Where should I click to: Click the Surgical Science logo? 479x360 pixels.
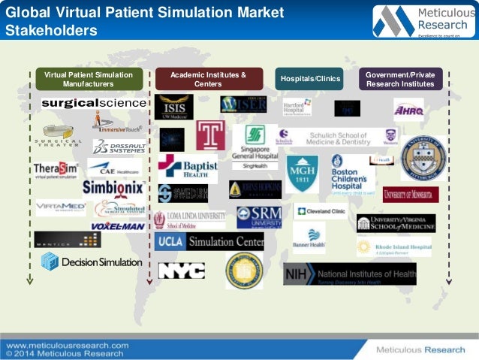click(94, 102)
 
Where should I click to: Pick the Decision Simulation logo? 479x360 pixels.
click(91, 262)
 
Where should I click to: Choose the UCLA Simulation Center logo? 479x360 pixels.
click(209, 242)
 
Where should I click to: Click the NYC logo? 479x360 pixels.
click(182, 271)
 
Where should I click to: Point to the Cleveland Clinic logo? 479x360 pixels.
click(320, 213)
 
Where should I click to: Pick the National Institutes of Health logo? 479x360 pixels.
click(349, 274)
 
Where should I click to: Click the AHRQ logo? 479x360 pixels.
click(408, 110)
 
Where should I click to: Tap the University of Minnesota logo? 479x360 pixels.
click(411, 195)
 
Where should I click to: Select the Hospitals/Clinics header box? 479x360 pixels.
click(310, 78)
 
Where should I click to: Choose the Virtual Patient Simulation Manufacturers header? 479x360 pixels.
click(89, 79)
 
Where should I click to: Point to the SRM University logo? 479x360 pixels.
click(260, 217)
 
